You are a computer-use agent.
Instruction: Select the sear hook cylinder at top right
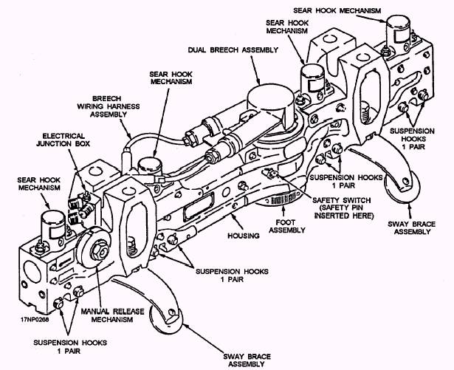pos(398,30)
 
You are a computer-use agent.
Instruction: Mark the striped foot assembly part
pos(283,199)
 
